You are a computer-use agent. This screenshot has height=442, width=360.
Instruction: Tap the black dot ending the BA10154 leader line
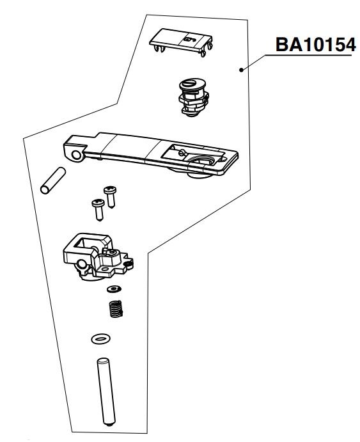241,70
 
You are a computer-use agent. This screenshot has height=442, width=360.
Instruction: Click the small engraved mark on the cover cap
187,39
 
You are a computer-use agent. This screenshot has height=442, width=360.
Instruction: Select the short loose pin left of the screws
51,180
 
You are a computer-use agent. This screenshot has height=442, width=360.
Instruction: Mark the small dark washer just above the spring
113,290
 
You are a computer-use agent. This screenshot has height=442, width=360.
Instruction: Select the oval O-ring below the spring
100,337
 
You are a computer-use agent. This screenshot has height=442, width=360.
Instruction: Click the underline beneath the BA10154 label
309,57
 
